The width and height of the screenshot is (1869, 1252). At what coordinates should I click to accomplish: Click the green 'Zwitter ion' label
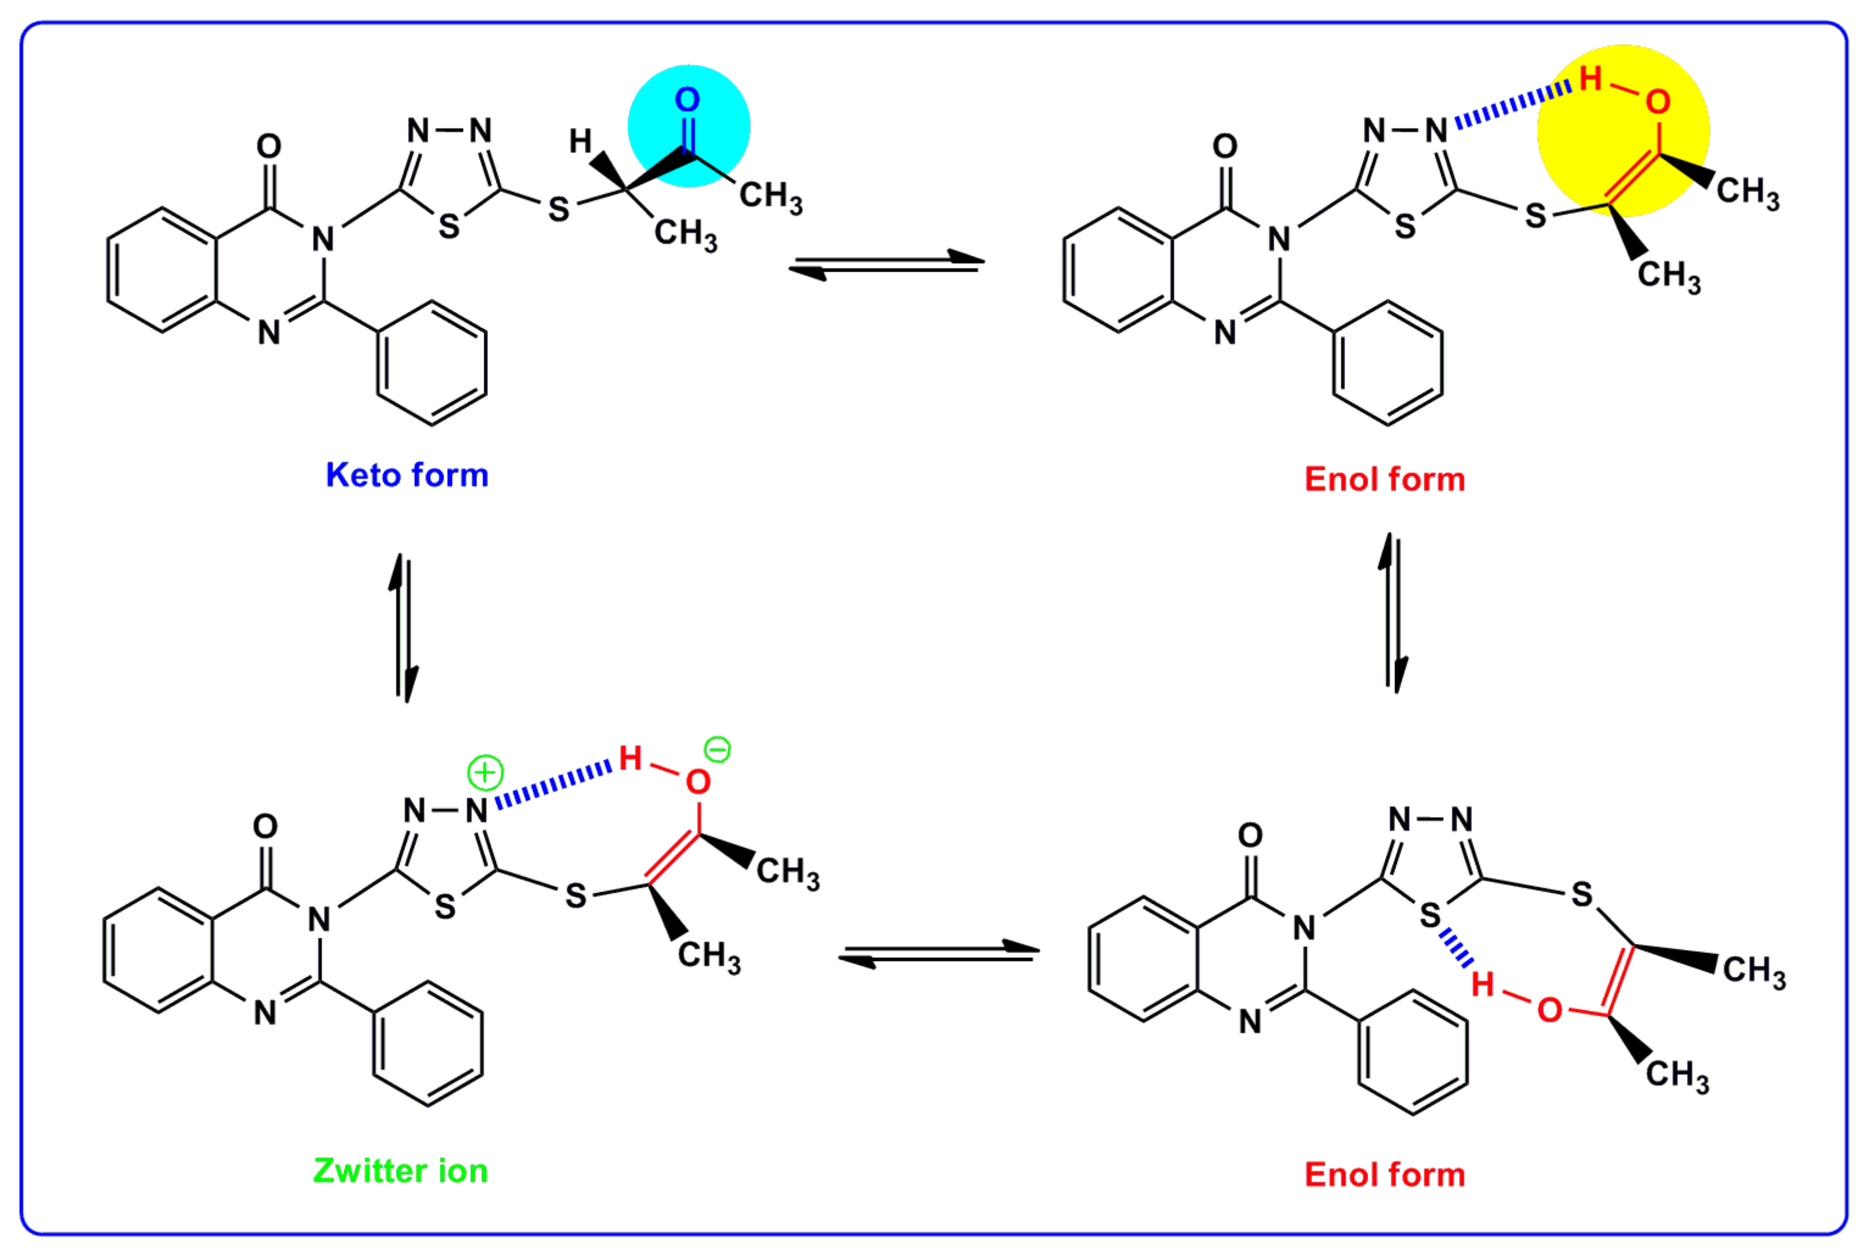pyautogui.click(x=400, y=1170)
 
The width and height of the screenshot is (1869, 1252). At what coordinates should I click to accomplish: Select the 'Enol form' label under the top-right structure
pyautogui.click(x=1384, y=479)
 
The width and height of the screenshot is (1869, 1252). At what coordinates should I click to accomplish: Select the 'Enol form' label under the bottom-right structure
pyautogui.click(x=1384, y=1175)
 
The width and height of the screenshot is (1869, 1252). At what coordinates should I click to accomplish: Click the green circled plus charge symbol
pyautogui.click(x=485, y=773)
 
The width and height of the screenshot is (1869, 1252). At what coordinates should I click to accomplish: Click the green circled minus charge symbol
pyautogui.click(x=716, y=750)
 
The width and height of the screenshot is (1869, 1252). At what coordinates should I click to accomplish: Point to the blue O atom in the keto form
pyautogui.click(x=687, y=100)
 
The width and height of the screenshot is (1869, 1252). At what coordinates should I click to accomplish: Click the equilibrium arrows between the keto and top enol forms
pyautogui.click(x=886, y=265)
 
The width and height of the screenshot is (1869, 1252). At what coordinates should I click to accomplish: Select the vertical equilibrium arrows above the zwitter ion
pyautogui.click(x=404, y=628)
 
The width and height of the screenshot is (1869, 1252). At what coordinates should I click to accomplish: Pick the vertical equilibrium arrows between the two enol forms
pyautogui.click(x=1392, y=613)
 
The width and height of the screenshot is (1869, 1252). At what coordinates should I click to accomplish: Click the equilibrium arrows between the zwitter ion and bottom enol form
pyautogui.click(x=939, y=954)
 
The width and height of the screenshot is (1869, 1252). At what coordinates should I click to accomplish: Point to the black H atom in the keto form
pyautogui.click(x=580, y=142)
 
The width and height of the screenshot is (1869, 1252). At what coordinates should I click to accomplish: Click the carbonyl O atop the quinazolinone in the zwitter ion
pyautogui.click(x=265, y=826)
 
